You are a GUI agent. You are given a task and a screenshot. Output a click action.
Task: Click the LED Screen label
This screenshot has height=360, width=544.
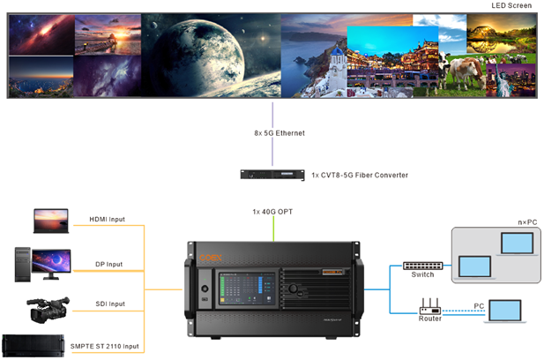[x=511, y=5]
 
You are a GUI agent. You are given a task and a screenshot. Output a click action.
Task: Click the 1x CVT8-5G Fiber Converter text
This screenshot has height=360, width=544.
[x=360, y=176]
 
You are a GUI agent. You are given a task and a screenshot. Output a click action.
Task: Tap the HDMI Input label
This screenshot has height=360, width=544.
[x=107, y=219]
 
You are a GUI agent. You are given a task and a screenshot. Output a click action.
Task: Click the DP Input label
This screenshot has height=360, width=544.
[x=108, y=264]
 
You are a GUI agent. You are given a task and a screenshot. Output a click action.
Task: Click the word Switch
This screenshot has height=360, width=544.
[x=422, y=275]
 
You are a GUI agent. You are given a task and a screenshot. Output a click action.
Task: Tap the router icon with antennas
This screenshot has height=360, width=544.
[x=429, y=308]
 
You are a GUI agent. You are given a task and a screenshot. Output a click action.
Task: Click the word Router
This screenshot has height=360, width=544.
[x=429, y=319]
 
